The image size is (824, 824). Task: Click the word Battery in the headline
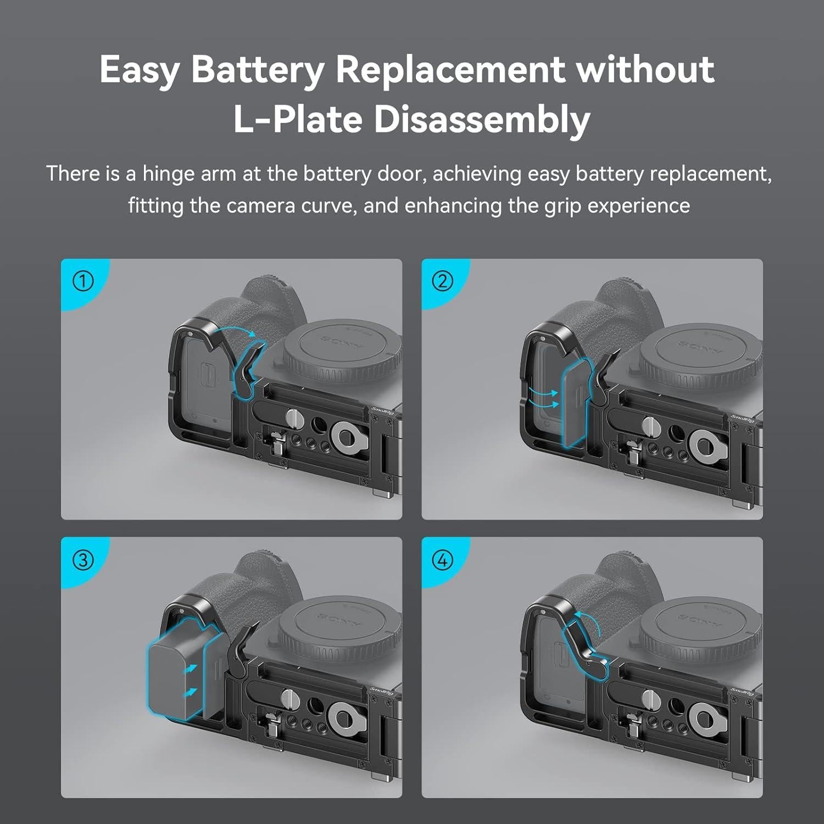[257, 70]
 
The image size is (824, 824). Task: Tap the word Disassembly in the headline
[482, 119]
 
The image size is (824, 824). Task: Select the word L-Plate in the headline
[298, 119]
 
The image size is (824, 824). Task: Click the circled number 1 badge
[83, 281]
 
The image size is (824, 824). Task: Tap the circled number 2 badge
[443, 281]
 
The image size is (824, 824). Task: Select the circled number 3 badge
[83, 560]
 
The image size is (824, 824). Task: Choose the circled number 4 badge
[443, 560]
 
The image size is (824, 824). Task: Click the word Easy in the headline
[140, 70]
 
